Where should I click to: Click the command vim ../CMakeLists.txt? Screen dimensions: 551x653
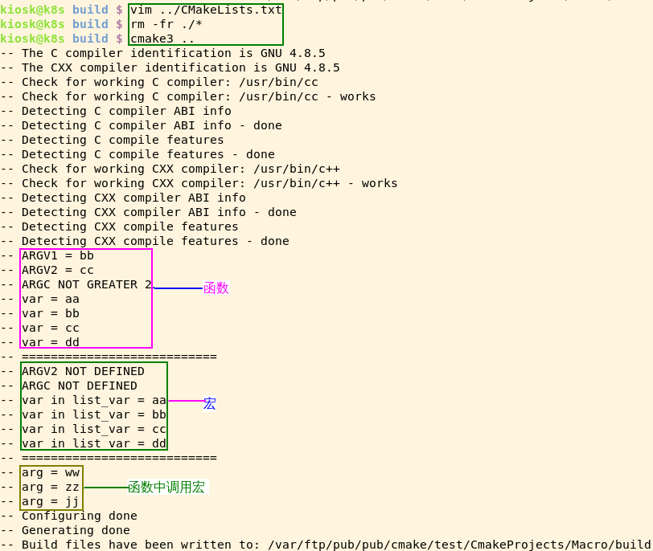(x=206, y=10)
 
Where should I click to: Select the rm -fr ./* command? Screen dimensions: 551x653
(x=166, y=24)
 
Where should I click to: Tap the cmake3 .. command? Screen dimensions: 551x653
(x=162, y=39)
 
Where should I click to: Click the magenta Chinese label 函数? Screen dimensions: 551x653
(x=216, y=288)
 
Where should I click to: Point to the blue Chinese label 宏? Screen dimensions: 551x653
(x=209, y=403)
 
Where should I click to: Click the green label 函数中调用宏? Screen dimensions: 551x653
(x=166, y=487)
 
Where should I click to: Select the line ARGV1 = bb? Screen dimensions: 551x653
(x=58, y=255)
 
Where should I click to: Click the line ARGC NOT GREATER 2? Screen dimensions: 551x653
(x=87, y=284)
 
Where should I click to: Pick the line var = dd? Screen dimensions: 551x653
(x=51, y=342)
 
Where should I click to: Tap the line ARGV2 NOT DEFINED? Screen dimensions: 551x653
(x=83, y=371)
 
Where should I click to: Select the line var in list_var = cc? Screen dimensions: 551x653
(x=94, y=429)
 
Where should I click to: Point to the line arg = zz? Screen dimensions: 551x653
(x=51, y=487)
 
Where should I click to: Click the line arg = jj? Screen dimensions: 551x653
(x=51, y=501)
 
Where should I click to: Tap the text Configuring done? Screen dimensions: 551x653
(x=80, y=516)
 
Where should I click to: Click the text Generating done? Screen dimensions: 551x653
(x=76, y=530)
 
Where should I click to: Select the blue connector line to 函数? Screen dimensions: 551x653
(x=178, y=288)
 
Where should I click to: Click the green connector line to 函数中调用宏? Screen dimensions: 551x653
(x=105, y=487)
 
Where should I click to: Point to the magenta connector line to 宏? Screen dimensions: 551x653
(x=185, y=400)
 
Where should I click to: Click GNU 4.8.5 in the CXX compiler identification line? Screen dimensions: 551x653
(x=307, y=67)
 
